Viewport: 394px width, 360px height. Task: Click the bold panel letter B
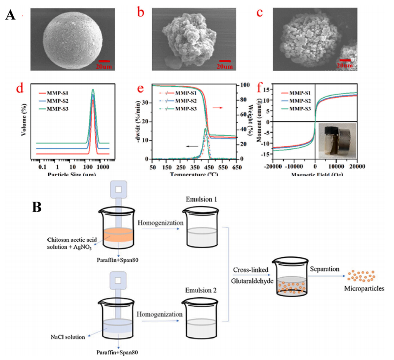(37, 207)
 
